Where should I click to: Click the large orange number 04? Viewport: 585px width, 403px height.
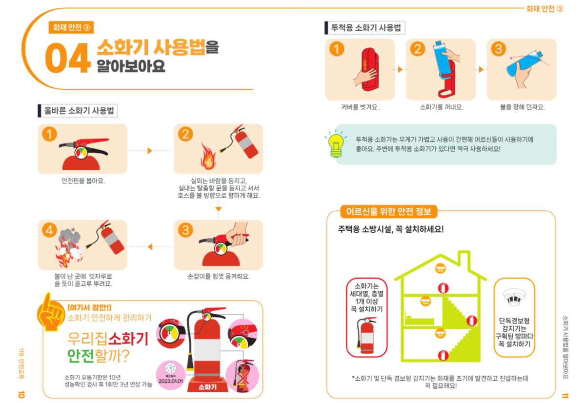pyautogui.click(x=67, y=58)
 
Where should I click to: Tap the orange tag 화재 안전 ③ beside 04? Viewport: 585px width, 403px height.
pyautogui.click(x=71, y=27)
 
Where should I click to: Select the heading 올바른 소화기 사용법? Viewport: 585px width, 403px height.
pyautogui.click(x=79, y=110)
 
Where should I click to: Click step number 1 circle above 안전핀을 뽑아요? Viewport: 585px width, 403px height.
pyautogui.click(x=49, y=134)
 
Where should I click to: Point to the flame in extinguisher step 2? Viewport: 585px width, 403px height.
pyautogui.click(x=208, y=155)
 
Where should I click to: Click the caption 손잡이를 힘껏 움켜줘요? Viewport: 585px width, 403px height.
pyautogui.click(x=218, y=277)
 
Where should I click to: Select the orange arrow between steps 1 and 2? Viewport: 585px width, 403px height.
pyautogui.click(x=150, y=151)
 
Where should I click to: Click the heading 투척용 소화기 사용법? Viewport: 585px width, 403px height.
pyautogui.click(x=365, y=28)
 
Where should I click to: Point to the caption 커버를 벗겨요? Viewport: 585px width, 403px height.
pyautogui.click(x=361, y=107)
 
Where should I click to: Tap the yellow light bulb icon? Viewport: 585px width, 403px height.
pyautogui.click(x=335, y=144)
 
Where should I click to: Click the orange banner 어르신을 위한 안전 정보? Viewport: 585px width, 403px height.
pyautogui.click(x=389, y=212)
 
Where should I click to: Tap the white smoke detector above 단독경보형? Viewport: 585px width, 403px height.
pyautogui.click(x=514, y=297)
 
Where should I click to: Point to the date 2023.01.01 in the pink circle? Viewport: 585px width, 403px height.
pyautogui.click(x=170, y=381)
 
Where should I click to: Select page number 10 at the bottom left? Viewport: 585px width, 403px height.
pyautogui.click(x=21, y=394)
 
